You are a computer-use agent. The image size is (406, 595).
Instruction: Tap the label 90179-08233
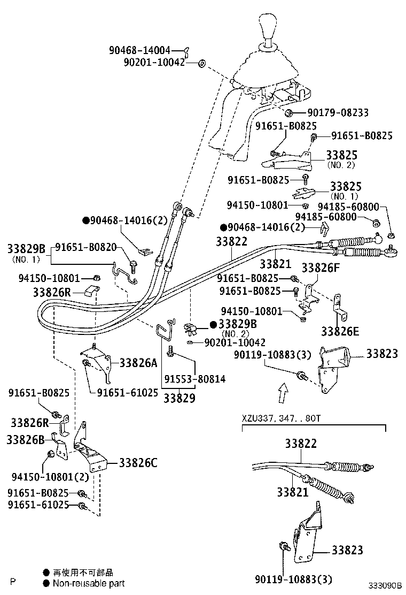coord(337,113)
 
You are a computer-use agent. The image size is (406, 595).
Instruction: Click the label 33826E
coord(340,331)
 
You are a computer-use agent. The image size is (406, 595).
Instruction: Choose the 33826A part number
coord(138,363)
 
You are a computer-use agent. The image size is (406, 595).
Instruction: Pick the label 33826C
coord(138,463)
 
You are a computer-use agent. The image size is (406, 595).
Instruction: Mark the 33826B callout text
coord(25,440)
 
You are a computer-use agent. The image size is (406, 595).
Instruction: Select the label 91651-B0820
coord(85,248)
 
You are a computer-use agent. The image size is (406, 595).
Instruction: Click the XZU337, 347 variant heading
coord(280,418)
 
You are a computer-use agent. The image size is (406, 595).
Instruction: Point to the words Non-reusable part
coord(88,583)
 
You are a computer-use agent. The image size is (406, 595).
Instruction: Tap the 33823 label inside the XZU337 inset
coord(347,550)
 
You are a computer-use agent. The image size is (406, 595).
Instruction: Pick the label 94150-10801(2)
coord(40,476)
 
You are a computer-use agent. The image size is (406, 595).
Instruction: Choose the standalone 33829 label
coord(179,398)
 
